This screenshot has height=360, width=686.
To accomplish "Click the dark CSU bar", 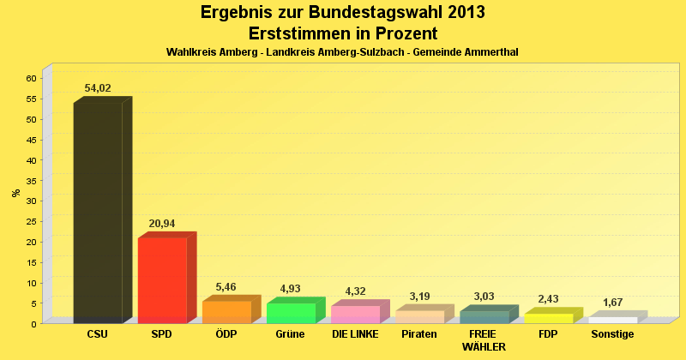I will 98,212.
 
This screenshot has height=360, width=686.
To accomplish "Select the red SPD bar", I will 162,279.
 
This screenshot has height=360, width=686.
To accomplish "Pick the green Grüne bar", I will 291,313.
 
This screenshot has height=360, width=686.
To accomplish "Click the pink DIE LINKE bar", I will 355,314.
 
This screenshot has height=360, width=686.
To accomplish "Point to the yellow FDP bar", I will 548,318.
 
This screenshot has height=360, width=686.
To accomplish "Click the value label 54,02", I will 98,88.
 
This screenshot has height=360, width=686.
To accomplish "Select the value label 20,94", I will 162,224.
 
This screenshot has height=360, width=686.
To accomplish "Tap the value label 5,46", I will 226,287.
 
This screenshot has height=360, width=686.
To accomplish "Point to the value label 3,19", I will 419,297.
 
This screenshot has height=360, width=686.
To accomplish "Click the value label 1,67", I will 612,303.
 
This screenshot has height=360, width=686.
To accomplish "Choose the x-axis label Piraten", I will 419,333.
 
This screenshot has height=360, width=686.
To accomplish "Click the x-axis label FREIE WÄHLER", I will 484,340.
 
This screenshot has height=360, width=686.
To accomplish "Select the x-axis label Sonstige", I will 612,333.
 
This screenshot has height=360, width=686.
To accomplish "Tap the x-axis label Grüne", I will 291,333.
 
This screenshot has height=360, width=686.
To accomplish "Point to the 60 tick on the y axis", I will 31,78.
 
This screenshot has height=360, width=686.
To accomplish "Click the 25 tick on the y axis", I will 31,221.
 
